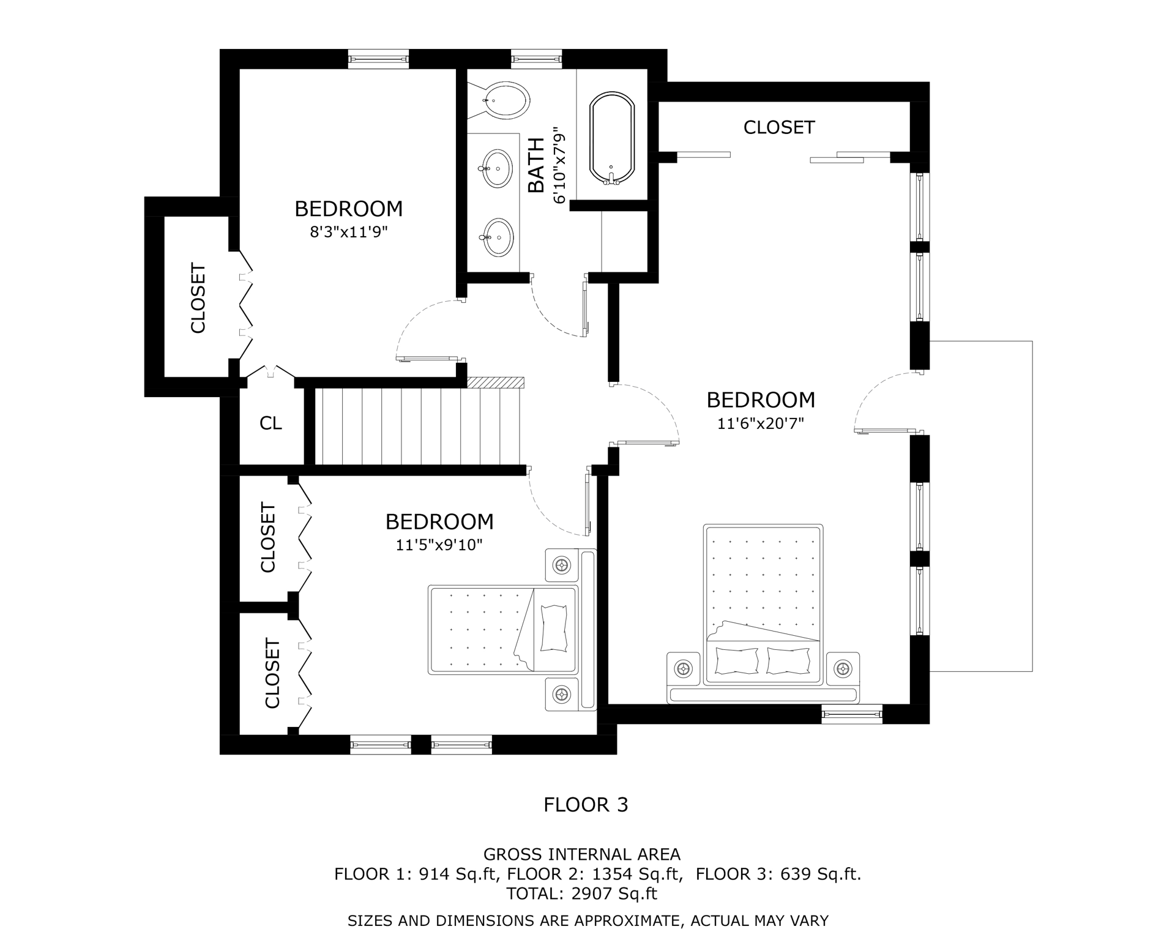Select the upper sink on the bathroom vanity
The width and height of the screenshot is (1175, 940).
(x=497, y=168)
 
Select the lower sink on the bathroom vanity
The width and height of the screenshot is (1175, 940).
(x=497, y=237)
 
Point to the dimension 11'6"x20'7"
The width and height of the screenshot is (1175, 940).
(x=760, y=423)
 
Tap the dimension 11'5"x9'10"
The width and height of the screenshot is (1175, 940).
(x=439, y=545)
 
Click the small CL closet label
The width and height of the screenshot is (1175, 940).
(x=270, y=423)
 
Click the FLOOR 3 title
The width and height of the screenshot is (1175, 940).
(x=586, y=804)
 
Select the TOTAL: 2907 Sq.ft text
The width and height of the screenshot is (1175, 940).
(x=581, y=893)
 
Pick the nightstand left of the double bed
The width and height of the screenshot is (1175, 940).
(x=683, y=668)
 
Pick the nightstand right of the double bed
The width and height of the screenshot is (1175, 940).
(x=843, y=668)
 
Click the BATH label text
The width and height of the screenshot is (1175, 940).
(x=536, y=165)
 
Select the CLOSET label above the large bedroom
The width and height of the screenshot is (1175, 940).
(x=778, y=127)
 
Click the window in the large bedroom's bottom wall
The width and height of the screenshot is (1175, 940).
(x=851, y=714)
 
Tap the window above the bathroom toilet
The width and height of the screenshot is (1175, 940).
(x=536, y=59)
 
